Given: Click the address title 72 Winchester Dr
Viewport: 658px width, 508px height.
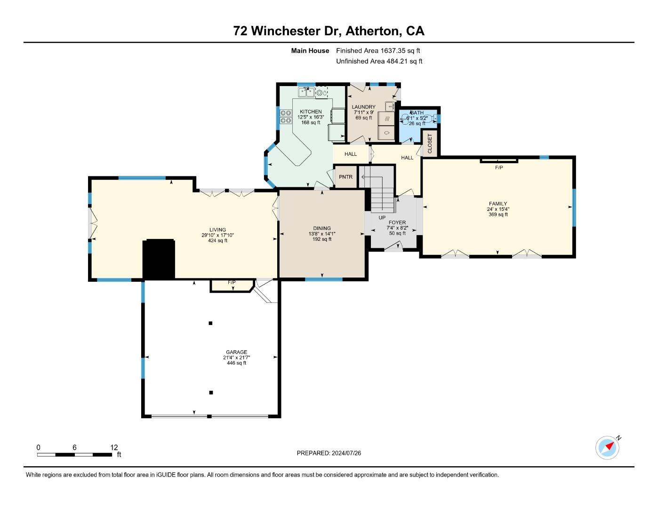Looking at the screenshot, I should [329, 31].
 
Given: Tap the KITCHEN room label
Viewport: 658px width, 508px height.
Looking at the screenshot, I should [311, 111].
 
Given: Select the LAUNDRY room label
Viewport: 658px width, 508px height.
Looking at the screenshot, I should [363, 107].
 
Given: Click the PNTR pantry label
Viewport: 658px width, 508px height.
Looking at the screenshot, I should [345, 177].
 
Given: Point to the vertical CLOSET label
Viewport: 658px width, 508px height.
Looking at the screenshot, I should [430, 143].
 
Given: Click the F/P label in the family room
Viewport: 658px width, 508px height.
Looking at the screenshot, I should [499, 167].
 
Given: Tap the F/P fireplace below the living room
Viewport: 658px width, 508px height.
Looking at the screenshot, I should [232, 283].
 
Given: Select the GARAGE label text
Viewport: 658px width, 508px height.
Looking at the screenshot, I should [236, 352].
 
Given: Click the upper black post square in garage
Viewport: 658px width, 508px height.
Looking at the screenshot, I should [211, 323].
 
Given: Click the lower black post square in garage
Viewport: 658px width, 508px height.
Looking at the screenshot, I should [211, 392].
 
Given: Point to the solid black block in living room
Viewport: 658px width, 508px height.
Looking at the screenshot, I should [159, 259].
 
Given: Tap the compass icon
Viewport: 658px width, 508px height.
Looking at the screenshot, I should [607, 447].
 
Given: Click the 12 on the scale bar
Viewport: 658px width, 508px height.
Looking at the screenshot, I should [114, 448].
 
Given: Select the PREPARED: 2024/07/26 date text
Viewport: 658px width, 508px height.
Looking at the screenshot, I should [329, 453].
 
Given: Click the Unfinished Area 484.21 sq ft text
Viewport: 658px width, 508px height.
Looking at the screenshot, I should [379, 61].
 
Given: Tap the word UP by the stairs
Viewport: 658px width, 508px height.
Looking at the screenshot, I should [382, 218].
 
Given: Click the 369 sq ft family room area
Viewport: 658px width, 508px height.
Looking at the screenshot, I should [498, 214].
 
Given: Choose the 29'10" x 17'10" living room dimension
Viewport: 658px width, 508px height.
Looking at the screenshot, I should [218, 235].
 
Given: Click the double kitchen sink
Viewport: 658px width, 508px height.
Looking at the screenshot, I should [306, 92].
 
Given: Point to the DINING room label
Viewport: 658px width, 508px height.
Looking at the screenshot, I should [322, 228].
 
